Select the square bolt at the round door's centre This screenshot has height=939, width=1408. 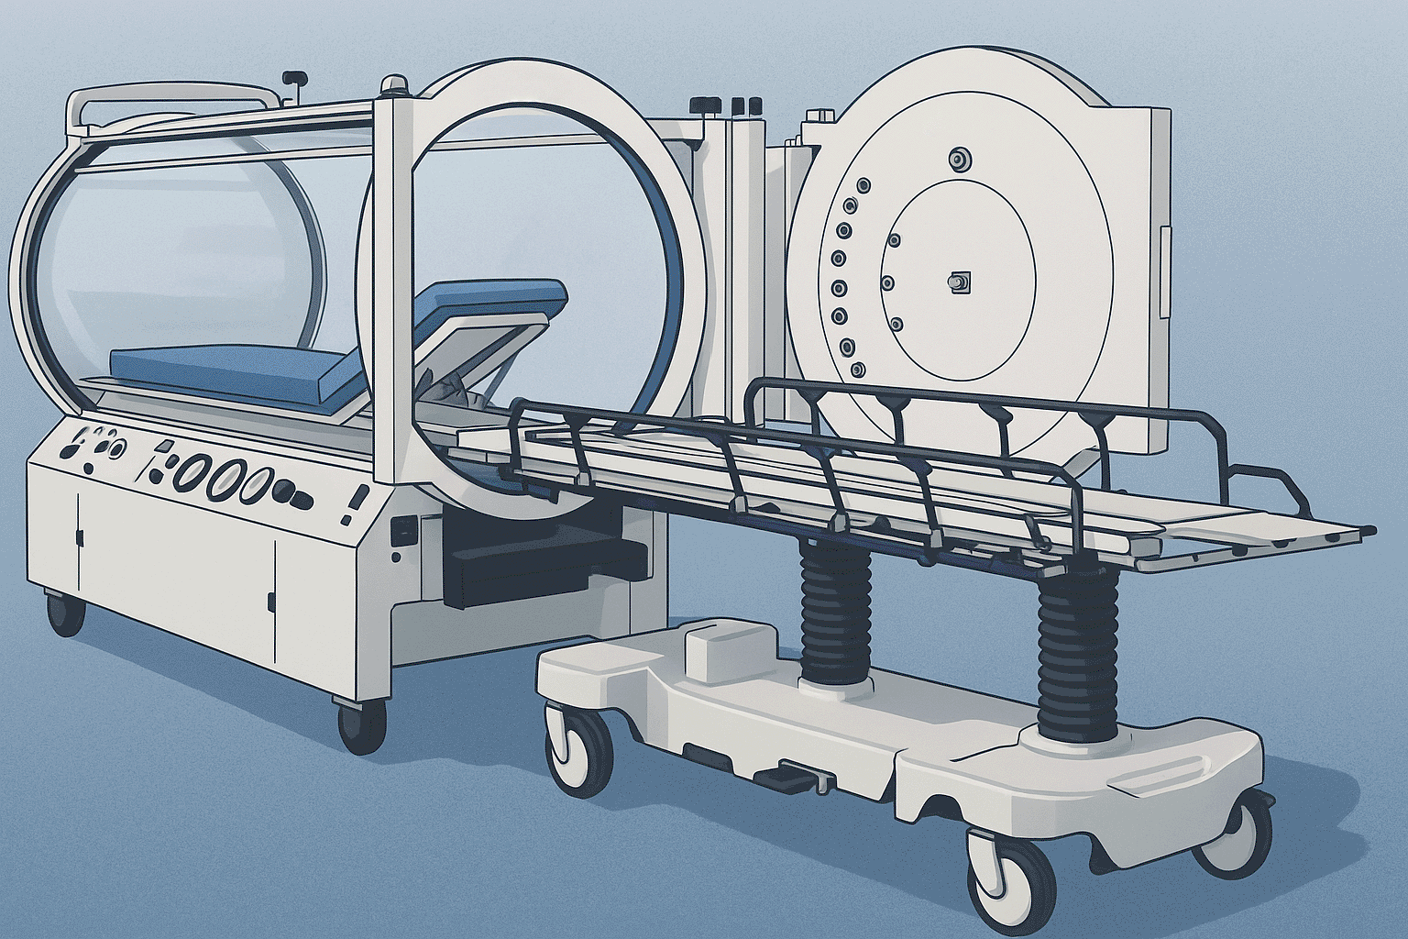(959, 283)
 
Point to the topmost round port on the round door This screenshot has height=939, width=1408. (960, 159)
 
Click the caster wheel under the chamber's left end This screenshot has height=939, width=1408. (65, 613)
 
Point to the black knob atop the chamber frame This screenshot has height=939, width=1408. (293, 78)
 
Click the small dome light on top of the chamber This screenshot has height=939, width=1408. (395, 86)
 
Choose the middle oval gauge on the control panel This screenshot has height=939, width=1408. (225, 478)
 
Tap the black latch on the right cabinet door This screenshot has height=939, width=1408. (271, 602)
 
